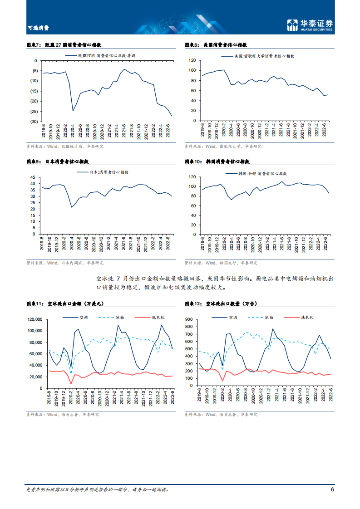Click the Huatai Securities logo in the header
[x=310, y=25]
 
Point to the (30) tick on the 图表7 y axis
[x=34, y=122]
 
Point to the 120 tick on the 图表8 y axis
[x=192, y=60]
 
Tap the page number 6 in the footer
[x=332, y=489]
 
